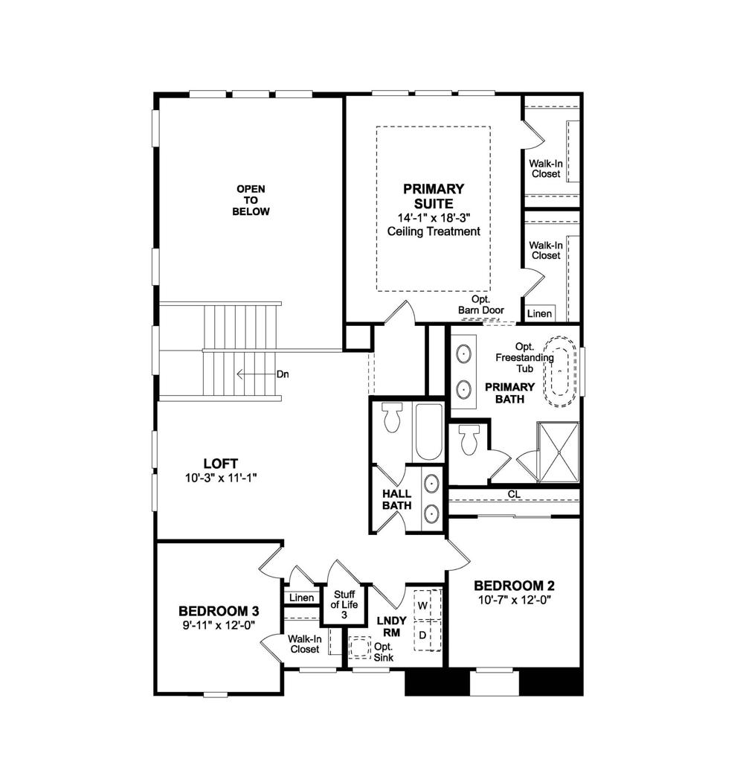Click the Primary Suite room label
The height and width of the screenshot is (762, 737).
tap(434, 196)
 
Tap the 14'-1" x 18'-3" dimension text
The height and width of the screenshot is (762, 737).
tap(434, 217)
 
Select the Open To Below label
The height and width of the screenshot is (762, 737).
tap(251, 200)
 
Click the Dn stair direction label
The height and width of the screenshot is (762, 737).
tap(282, 374)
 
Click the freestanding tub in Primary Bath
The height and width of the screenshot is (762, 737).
tap(562, 372)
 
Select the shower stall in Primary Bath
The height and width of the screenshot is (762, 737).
tap(558, 452)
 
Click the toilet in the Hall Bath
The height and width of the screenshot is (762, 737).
tap(392, 418)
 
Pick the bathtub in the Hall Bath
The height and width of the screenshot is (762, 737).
tap(428, 432)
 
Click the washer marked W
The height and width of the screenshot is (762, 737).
tap(422, 605)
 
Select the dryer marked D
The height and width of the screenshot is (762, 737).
tap(422, 635)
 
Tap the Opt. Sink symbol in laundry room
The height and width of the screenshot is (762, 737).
tap(361, 647)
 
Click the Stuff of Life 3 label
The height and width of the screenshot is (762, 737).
tap(344, 604)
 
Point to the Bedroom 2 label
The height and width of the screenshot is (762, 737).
tap(513, 586)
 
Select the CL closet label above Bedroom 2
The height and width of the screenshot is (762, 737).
tap(514, 493)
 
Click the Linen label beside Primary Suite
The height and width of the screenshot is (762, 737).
tap(539, 313)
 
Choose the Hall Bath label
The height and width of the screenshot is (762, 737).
tap(397, 499)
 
